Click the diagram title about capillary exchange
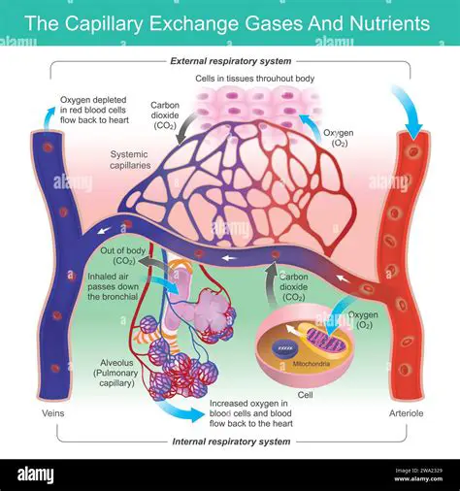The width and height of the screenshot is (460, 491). (x=230, y=20)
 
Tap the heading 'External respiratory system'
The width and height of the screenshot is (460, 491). (x=230, y=61)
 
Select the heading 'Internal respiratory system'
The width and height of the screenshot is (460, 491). (x=230, y=442)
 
